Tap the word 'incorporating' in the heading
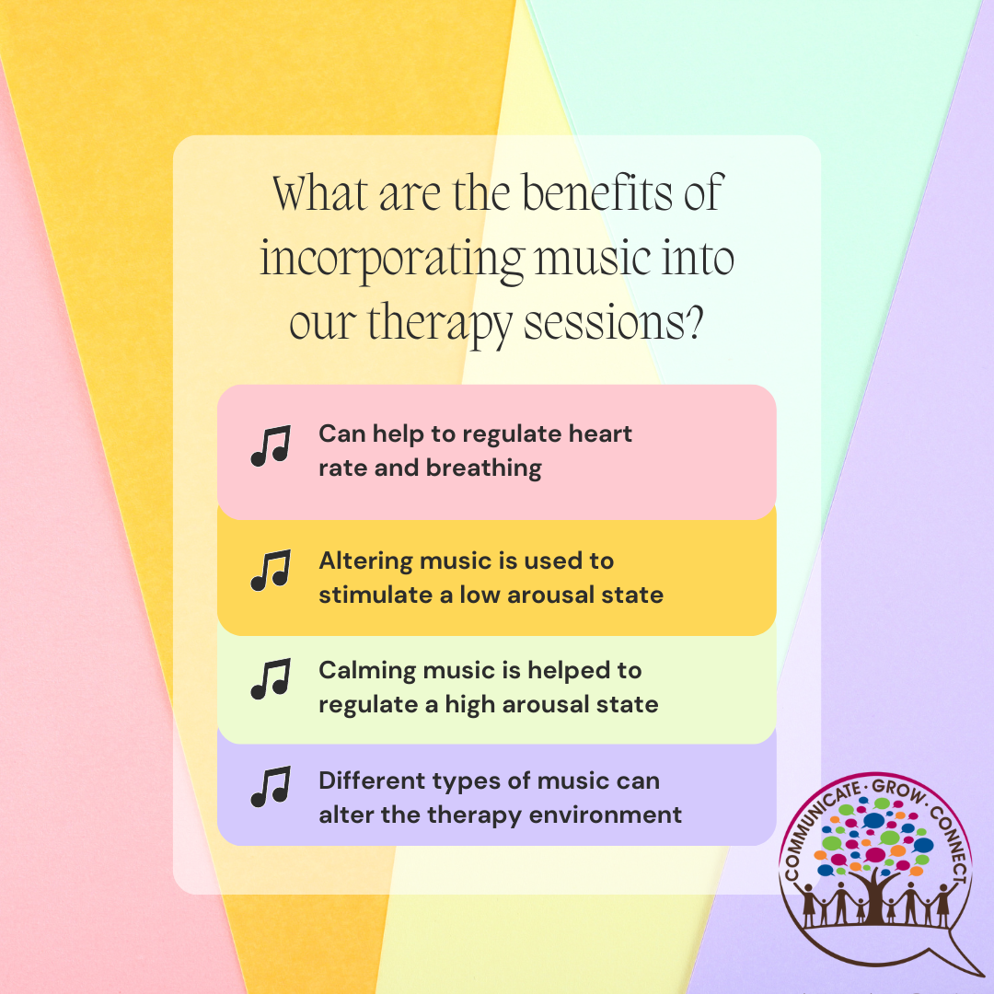click(392, 260)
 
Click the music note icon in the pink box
click(271, 445)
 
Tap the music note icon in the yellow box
click(271, 570)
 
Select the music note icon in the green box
click(271, 679)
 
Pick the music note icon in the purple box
click(271, 787)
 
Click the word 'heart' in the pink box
click(600, 433)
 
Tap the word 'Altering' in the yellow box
click(365, 561)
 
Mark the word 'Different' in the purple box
click(372, 780)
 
